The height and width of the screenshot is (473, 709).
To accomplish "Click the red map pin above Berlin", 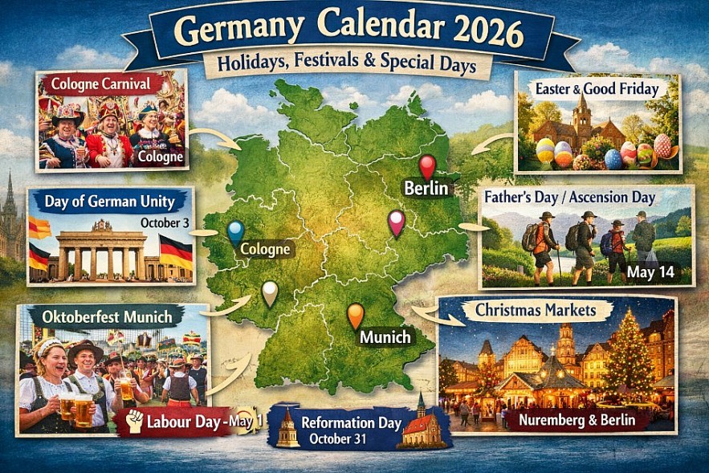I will [x=427, y=165].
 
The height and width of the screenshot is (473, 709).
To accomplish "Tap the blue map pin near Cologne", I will [x=235, y=231].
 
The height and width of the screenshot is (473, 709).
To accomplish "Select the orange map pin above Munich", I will [x=355, y=313].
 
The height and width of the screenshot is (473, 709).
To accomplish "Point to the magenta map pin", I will [x=395, y=222].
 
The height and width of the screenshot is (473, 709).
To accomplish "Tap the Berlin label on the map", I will [x=426, y=190].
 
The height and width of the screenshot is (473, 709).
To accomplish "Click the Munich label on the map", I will [x=385, y=337].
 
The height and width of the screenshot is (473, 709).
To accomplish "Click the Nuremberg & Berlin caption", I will [x=576, y=419].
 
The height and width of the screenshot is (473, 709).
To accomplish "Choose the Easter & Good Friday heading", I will [x=597, y=89].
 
